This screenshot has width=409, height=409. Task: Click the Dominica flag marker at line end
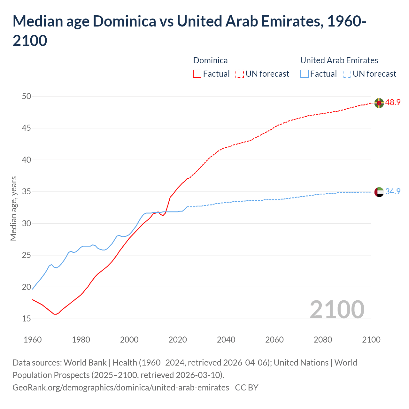pyautogui.click(x=379, y=103)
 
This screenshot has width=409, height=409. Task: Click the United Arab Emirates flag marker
pyautogui.click(x=379, y=192)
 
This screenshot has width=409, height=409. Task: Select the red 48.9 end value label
pyautogui.click(x=393, y=103)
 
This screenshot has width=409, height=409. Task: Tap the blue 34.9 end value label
pyautogui.click(x=393, y=192)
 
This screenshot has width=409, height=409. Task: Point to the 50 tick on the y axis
pyautogui.click(x=27, y=96)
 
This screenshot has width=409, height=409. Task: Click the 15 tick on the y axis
pyautogui.click(x=27, y=319)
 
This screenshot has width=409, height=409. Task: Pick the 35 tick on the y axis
pyautogui.click(x=27, y=192)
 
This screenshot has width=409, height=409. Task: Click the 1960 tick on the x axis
pyautogui.click(x=33, y=340)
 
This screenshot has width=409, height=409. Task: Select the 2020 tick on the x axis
pyautogui.click(x=178, y=340)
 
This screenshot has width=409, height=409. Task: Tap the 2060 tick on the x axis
pyautogui.click(x=274, y=340)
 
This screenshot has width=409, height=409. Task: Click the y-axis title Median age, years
pyautogui.click(x=13, y=208)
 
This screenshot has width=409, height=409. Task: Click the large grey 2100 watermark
pyautogui.click(x=337, y=309)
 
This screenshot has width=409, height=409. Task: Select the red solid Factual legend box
pyautogui.click(x=197, y=74)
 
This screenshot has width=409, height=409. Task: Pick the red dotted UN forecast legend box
pyautogui.click(x=240, y=74)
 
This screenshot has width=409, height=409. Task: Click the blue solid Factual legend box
pyautogui.click(x=305, y=74)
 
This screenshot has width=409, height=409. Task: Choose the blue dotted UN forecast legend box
pyautogui.click(x=347, y=74)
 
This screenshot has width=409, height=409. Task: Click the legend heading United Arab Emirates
pyautogui.click(x=339, y=60)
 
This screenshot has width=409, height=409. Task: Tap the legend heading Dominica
pyautogui.click(x=210, y=60)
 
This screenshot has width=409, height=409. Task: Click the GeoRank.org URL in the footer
pyautogui.click(x=121, y=388)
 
